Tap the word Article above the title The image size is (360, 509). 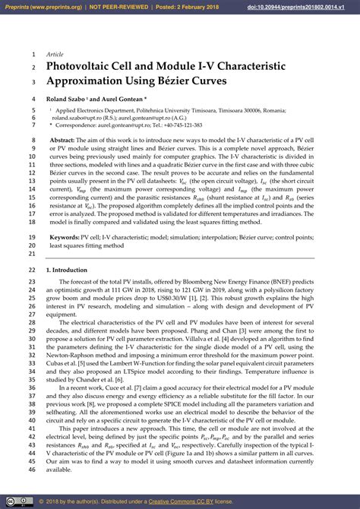pos(55,55)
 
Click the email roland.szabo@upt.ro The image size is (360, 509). pos(80,118)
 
